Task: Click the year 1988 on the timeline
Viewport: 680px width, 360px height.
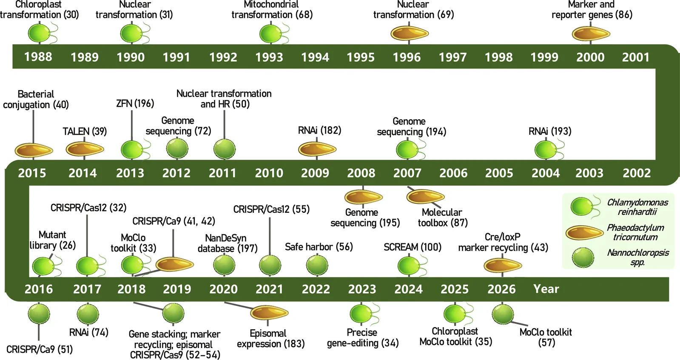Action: pyautogui.click(x=38, y=57)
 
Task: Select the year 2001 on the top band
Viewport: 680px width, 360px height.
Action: pyautogui.click(x=636, y=57)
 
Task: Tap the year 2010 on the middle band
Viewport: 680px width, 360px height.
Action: pyautogui.click(x=269, y=173)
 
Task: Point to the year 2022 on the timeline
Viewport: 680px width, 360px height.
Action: pyautogui.click(x=316, y=289)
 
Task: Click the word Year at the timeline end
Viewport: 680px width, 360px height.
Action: pyautogui.click(x=546, y=289)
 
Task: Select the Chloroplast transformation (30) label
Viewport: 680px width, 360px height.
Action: pyautogui.click(x=40, y=9)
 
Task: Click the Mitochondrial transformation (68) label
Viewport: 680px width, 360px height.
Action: pyautogui.click(x=272, y=9)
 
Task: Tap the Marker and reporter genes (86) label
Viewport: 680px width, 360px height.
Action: pyautogui.click(x=592, y=9)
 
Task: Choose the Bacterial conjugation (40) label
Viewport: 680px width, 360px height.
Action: pyautogui.click(x=36, y=99)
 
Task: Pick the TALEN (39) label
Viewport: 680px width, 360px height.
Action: pyautogui.click(x=85, y=131)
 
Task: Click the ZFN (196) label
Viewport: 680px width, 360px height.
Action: pyautogui.click(x=135, y=103)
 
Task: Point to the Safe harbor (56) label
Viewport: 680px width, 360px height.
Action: pyautogui.click(x=319, y=247)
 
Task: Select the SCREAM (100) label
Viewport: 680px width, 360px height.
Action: pyautogui.click(x=413, y=247)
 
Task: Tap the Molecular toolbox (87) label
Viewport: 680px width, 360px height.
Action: pyautogui.click(x=443, y=217)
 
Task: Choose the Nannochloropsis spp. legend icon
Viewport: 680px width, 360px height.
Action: pyautogui.click(x=583, y=257)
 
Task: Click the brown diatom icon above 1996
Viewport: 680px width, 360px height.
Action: pyautogui.click(x=410, y=33)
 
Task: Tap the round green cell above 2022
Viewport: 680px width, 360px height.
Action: pyautogui.click(x=317, y=265)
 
